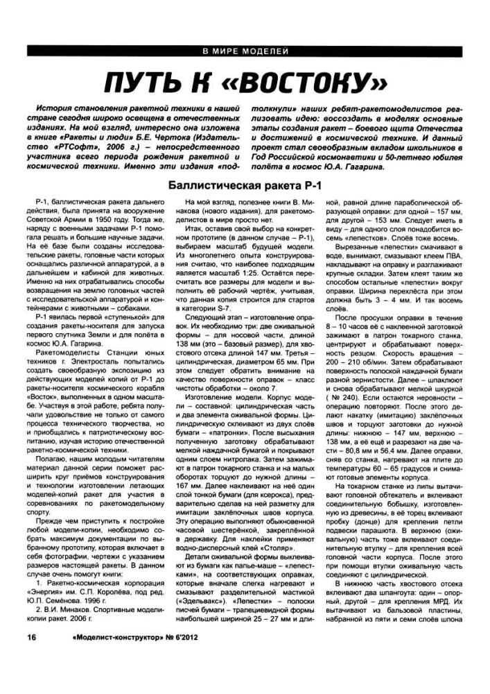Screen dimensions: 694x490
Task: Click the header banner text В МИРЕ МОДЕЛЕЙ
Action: (245, 52)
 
